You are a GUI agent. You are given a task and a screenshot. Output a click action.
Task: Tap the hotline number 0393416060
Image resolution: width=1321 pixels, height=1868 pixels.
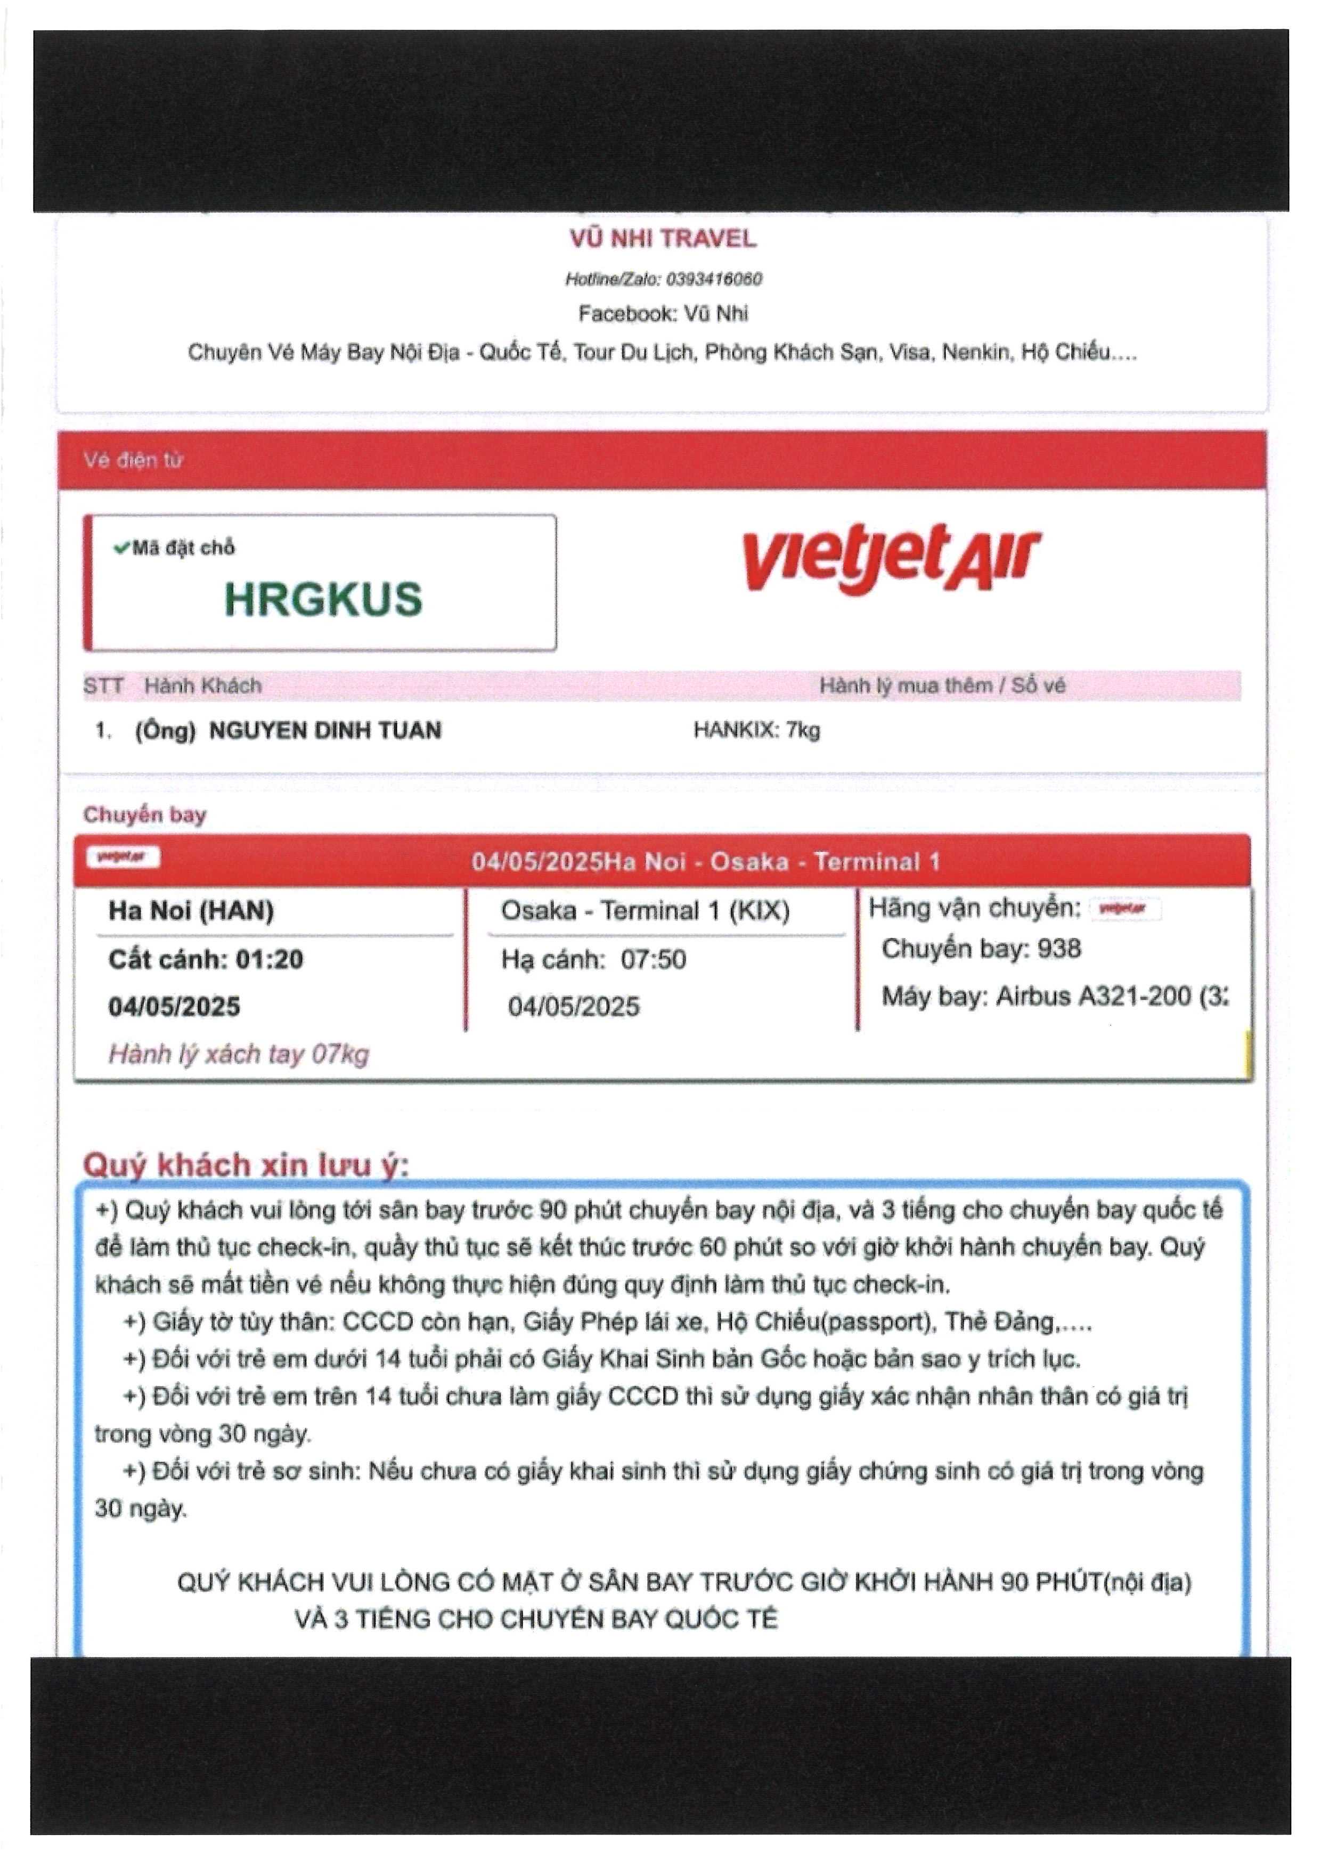713,279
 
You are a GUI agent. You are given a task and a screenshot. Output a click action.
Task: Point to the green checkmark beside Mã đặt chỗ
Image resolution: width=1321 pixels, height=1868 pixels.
121,548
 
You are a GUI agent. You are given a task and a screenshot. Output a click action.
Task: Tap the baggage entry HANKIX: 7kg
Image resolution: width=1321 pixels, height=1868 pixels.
756,730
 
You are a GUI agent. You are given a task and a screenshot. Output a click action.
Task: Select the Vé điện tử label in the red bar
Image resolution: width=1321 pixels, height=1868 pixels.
133,461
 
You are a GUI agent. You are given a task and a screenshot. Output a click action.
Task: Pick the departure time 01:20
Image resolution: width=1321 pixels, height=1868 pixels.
269,959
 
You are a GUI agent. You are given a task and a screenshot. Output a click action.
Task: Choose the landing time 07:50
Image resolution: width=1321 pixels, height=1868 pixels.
653,959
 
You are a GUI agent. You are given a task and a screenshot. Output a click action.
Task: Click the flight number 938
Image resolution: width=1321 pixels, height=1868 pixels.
1059,949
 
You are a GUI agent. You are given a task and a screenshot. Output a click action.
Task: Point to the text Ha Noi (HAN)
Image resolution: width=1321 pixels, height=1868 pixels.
191,910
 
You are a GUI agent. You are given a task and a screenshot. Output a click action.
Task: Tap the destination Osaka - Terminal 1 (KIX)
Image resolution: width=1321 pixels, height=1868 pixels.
645,910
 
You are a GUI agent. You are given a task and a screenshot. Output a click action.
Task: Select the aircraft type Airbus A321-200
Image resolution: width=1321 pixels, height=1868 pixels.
1093,996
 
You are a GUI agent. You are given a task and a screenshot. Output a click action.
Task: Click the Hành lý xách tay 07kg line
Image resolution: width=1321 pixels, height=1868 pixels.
238,1055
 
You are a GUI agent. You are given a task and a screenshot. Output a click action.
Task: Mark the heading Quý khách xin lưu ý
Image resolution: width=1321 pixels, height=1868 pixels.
246,1164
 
